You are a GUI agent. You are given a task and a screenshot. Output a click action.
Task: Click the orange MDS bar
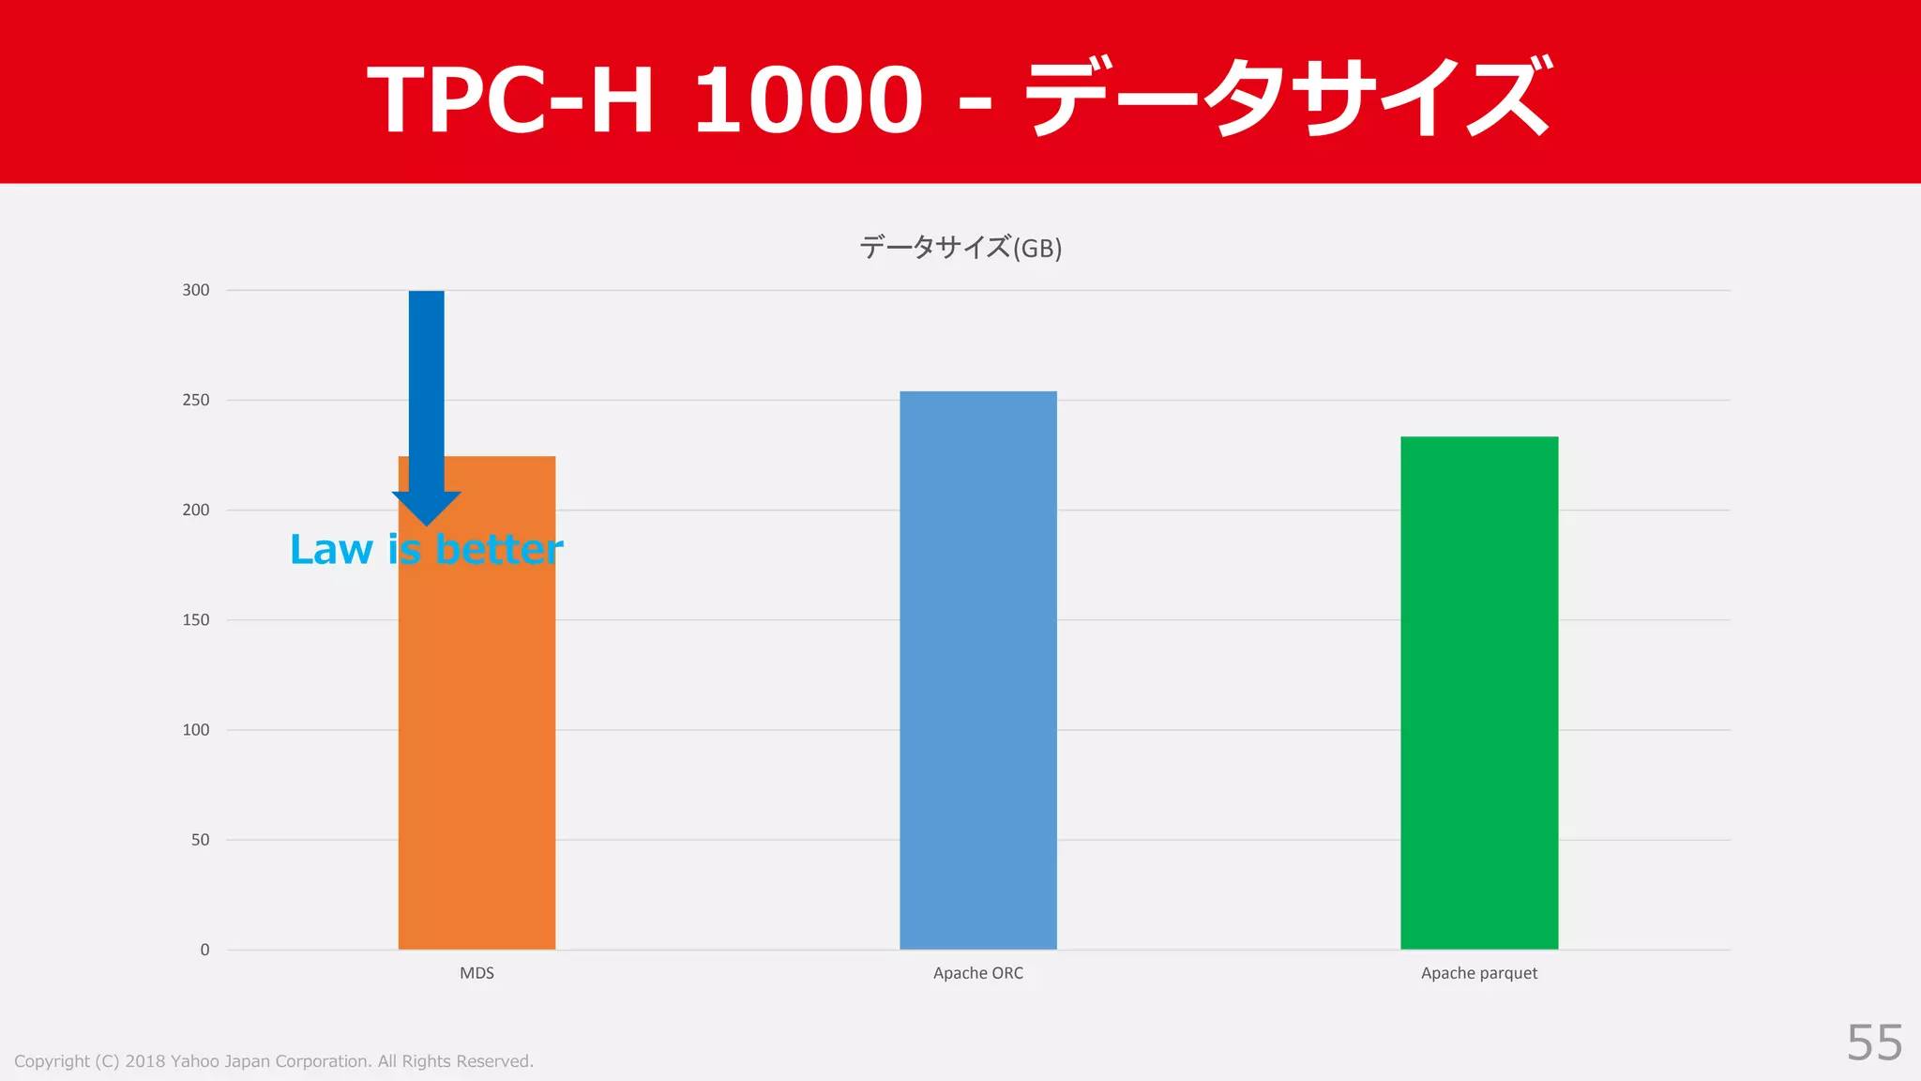[x=476, y=751]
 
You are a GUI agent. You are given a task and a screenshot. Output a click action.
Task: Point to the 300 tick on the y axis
[x=196, y=290]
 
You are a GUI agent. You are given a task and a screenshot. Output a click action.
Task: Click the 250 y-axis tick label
[x=196, y=400]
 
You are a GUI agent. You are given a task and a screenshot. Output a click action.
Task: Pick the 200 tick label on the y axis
[x=196, y=510]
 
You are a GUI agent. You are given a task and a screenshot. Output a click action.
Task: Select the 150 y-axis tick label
[x=196, y=619]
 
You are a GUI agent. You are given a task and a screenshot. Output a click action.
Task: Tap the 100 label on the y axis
[x=196, y=729]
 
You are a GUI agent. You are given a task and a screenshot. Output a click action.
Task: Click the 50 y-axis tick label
[x=201, y=839]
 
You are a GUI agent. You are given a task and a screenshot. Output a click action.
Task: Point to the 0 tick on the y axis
[x=204, y=950]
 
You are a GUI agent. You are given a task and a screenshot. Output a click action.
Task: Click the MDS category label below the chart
[x=476, y=973]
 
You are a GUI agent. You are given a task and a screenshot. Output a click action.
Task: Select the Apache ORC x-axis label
[x=977, y=973]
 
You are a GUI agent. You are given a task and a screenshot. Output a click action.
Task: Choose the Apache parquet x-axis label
[x=1478, y=973]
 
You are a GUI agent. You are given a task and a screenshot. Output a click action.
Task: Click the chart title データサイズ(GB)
[x=960, y=248]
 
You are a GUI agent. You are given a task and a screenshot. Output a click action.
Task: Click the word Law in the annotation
[x=331, y=549]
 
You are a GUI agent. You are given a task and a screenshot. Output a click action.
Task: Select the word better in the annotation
[x=499, y=549]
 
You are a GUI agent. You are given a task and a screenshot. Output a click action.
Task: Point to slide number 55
[x=1874, y=1043]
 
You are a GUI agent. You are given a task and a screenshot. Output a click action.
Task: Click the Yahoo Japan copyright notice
[x=274, y=1061]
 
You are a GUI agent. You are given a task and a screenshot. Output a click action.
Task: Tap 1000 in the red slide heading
[x=808, y=99]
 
